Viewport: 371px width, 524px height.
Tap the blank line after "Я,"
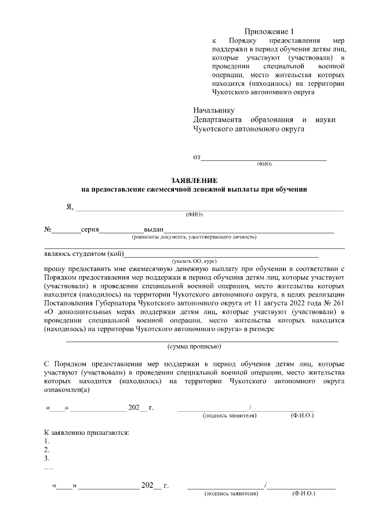tap(209, 208)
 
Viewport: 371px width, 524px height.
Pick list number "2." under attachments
tap(47, 449)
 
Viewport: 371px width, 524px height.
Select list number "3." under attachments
tap(47, 458)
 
